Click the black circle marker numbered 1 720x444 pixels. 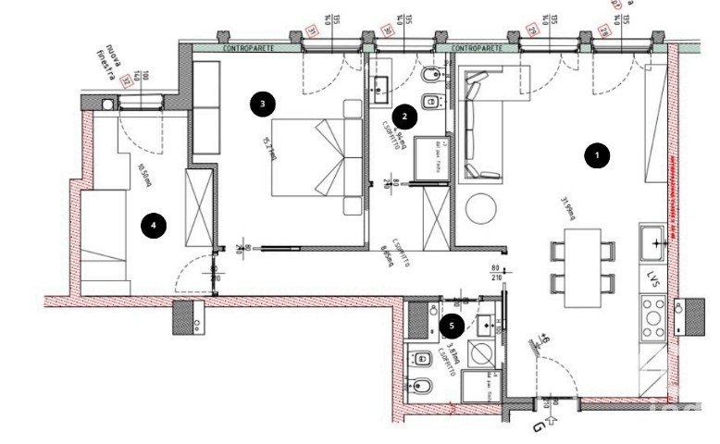(x=598, y=156)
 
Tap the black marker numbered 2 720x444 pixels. (x=404, y=117)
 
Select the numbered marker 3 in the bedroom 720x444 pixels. (x=263, y=105)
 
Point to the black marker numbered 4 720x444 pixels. (x=153, y=223)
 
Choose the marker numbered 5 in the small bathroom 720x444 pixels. (x=452, y=325)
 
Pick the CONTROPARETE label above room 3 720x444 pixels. (x=246, y=46)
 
